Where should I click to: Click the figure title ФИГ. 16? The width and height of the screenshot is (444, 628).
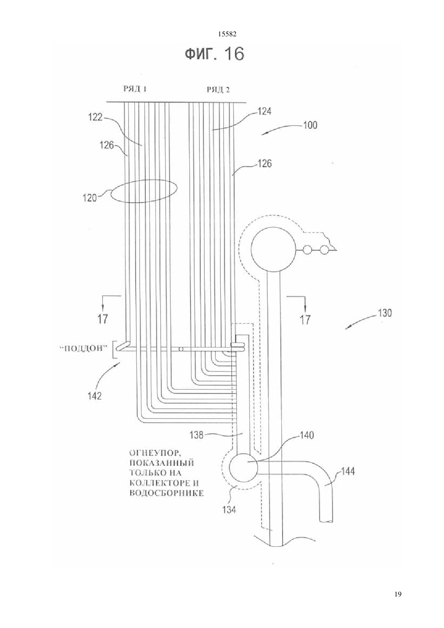215,54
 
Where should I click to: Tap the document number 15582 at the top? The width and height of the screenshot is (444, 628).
227,34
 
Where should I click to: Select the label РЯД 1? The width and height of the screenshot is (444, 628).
135,89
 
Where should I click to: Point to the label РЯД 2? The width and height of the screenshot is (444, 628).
218,90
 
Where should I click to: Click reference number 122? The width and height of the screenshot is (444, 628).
95,117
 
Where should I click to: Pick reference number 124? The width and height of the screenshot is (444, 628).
264,111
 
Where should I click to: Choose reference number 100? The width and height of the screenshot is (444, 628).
310,125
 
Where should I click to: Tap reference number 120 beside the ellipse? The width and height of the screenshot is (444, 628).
90,198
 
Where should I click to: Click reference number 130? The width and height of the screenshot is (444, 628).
385,313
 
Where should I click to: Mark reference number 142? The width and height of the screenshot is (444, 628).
94,396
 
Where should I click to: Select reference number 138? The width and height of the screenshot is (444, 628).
197,435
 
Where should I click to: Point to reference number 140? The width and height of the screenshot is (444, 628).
307,435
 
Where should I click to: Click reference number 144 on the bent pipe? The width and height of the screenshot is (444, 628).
348,471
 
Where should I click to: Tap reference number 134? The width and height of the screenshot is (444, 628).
229,510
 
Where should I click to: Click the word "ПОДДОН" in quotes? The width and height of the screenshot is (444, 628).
84,348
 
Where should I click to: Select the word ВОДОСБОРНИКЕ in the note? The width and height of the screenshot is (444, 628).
166,493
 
